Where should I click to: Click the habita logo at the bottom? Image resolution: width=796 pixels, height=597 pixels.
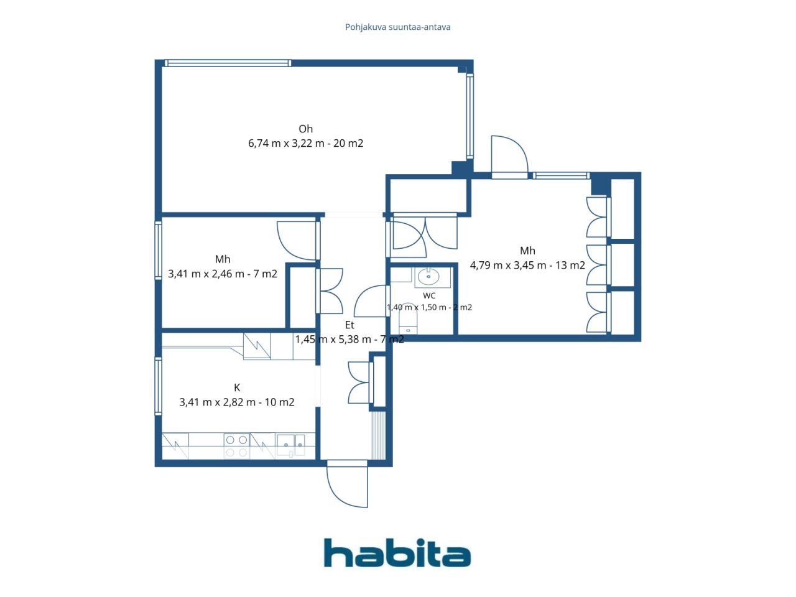pyautogui.click(x=397, y=553)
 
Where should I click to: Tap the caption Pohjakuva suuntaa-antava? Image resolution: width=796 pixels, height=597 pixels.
pyautogui.click(x=397, y=27)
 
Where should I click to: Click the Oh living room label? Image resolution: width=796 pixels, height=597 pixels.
pyautogui.click(x=305, y=129)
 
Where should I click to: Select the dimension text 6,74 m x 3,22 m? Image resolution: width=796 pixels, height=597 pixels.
pyautogui.click(x=286, y=143)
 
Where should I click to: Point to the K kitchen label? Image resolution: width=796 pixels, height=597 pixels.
pyautogui.click(x=237, y=387)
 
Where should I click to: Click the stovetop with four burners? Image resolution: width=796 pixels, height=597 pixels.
pyautogui.click(x=236, y=446)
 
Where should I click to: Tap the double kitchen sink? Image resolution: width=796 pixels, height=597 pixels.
pyautogui.click(x=290, y=445)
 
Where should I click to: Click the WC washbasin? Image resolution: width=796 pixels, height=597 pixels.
pyautogui.click(x=428, y=277)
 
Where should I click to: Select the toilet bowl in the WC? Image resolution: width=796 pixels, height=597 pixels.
pyautogui.click(x=408, y=318)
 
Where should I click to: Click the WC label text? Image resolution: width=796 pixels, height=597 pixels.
pyautogui.click(x=429, y=296)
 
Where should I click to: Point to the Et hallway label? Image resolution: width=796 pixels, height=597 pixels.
pyautogui.click(x=349, y=325)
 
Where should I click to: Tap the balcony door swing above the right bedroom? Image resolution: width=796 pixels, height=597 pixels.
pyautogui.click(x=509, y=155)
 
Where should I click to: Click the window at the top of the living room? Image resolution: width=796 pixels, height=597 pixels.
pyautogui.click(x=228, y=63)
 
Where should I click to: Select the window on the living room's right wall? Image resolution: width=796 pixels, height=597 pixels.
pyautogui.click(x=470, y=116)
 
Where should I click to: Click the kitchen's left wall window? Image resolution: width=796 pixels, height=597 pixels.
pyautogui.click(x=158, y=386)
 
